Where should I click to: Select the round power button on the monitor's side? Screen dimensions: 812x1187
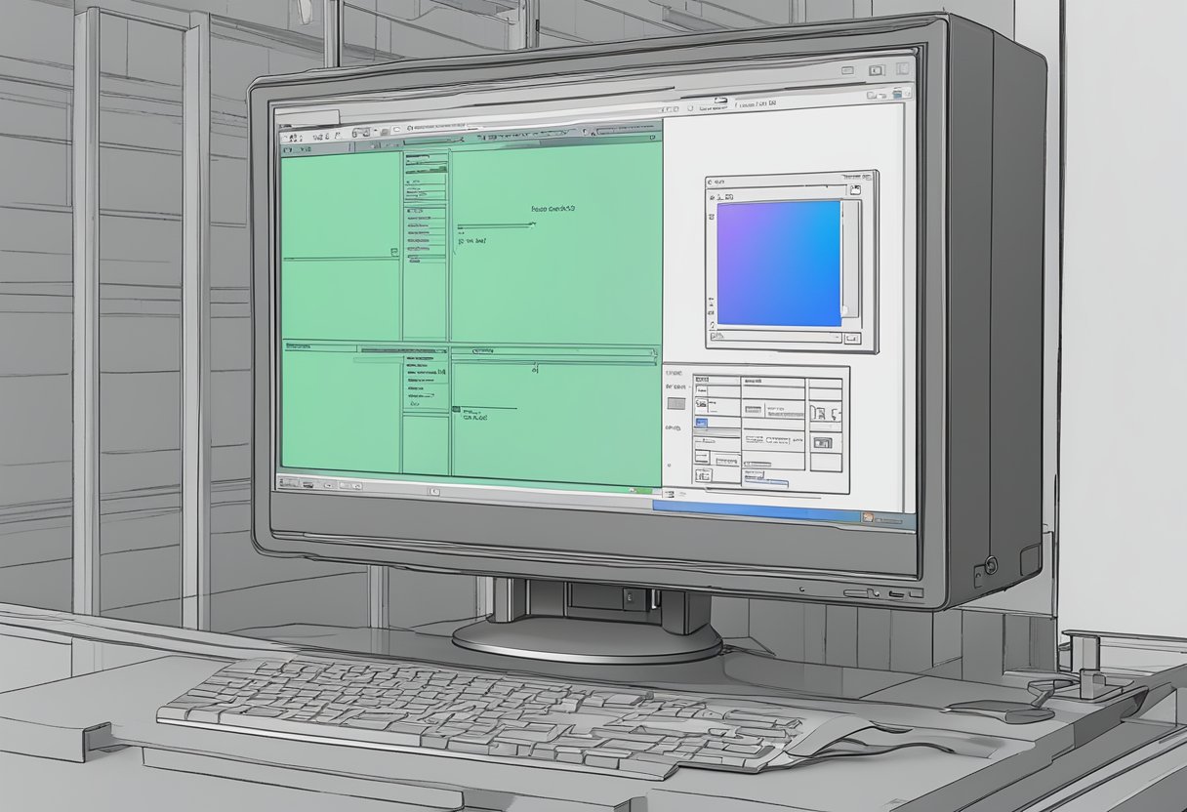992,563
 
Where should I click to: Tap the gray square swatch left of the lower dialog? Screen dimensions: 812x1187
675,402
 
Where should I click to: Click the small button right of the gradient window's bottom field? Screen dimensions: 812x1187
852,338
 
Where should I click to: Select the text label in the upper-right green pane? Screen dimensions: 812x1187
553,209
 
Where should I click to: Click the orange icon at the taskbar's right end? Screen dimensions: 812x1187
865,516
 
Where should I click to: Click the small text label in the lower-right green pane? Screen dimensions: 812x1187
474,416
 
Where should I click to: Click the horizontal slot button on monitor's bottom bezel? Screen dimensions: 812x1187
860,592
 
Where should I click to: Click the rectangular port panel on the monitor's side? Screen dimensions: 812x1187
1030,560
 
